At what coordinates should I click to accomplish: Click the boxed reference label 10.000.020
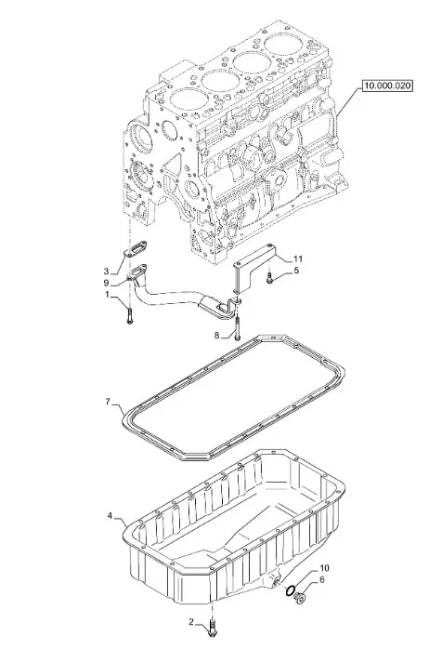click(387, 86)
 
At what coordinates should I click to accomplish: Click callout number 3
click(106, 272)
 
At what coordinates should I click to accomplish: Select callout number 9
click(106, 283)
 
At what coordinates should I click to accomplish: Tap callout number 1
click(108, 295)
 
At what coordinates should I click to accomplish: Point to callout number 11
click(298, 259)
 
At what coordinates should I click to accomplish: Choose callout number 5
click(296, 271)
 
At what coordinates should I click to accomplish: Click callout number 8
click(216, 336)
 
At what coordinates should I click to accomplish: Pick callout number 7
click(108, 402)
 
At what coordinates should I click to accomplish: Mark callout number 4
click(110, 516)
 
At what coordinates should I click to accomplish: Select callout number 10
click(324, 567)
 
